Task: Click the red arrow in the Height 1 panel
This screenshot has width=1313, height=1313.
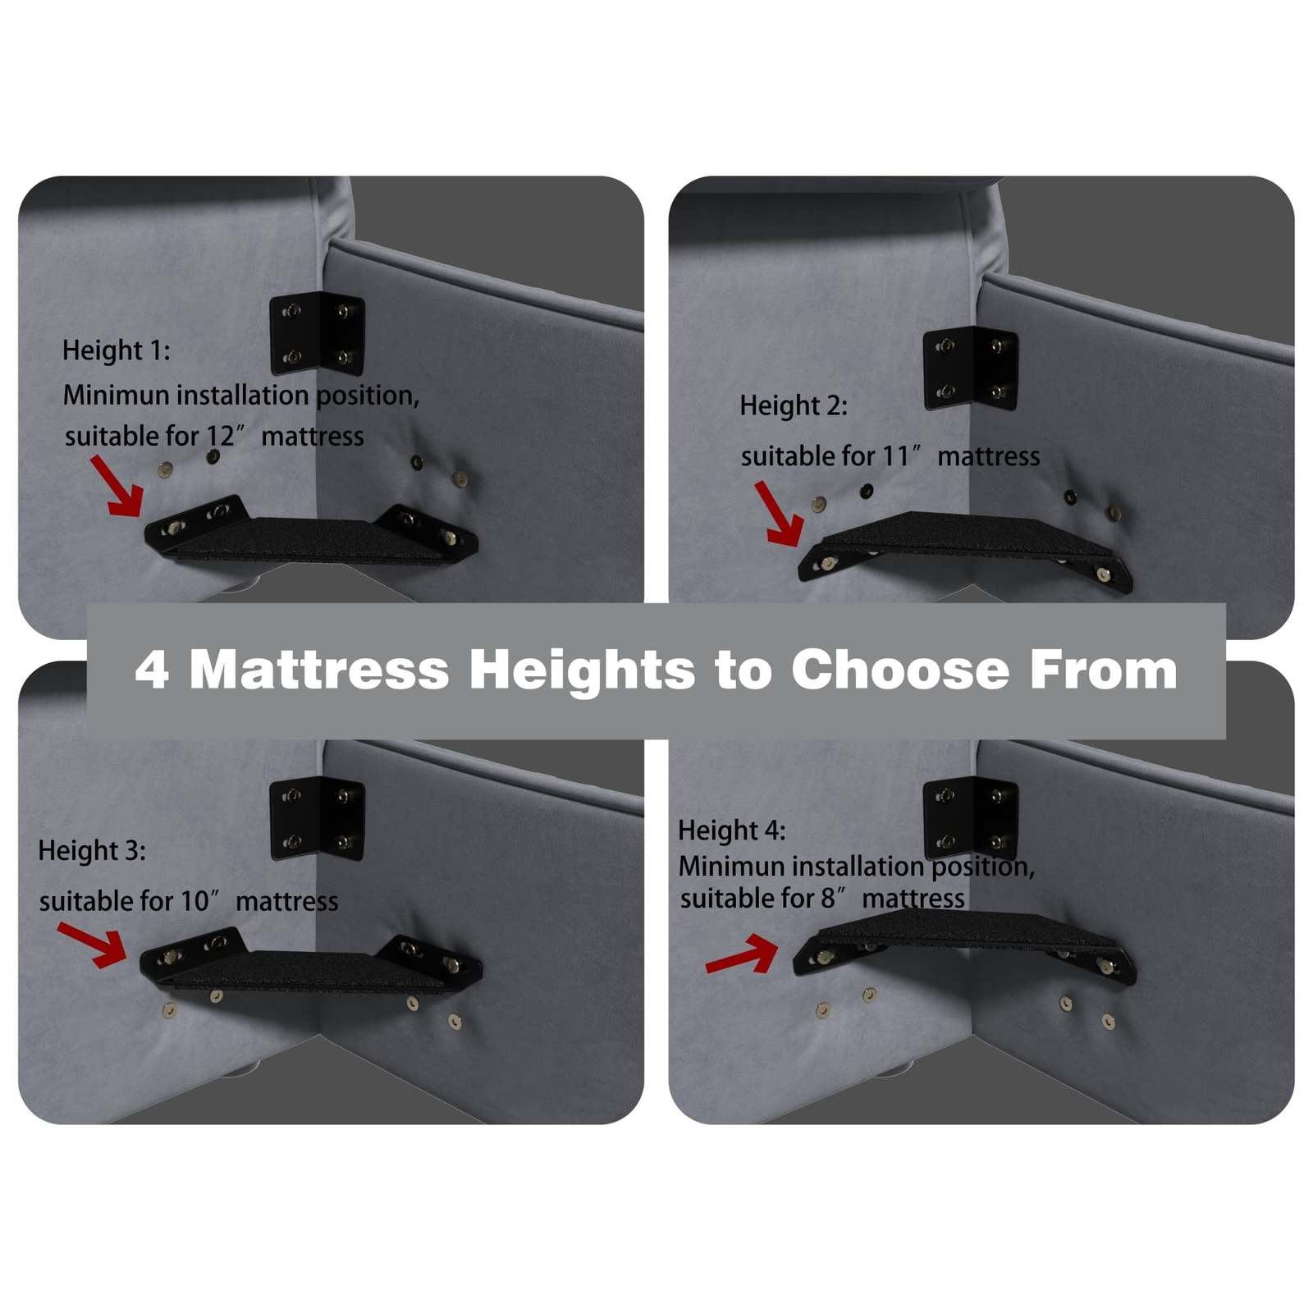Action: coord(117,487)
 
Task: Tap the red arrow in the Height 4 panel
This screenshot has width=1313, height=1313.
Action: coord(742,955)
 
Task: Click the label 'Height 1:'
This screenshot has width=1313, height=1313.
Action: coord(117,351)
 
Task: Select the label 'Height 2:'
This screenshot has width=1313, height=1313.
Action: coord(794,406)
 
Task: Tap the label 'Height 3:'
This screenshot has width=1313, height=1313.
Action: coord(92,851)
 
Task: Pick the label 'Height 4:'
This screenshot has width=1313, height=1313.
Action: coord(732,830)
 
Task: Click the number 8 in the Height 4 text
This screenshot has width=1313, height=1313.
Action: coord(828,899)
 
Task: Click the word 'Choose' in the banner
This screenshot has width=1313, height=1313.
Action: coord(900,670)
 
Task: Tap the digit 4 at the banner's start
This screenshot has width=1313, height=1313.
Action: coord(152,670)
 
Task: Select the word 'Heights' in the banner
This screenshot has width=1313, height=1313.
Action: coord(582,671)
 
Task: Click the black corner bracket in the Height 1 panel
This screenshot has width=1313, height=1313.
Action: coord(317,334)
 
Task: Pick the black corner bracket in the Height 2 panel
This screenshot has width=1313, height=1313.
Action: coord(971,368)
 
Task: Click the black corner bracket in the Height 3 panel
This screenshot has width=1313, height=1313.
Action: coord(317,818)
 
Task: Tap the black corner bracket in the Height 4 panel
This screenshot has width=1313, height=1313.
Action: coord(971,818)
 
